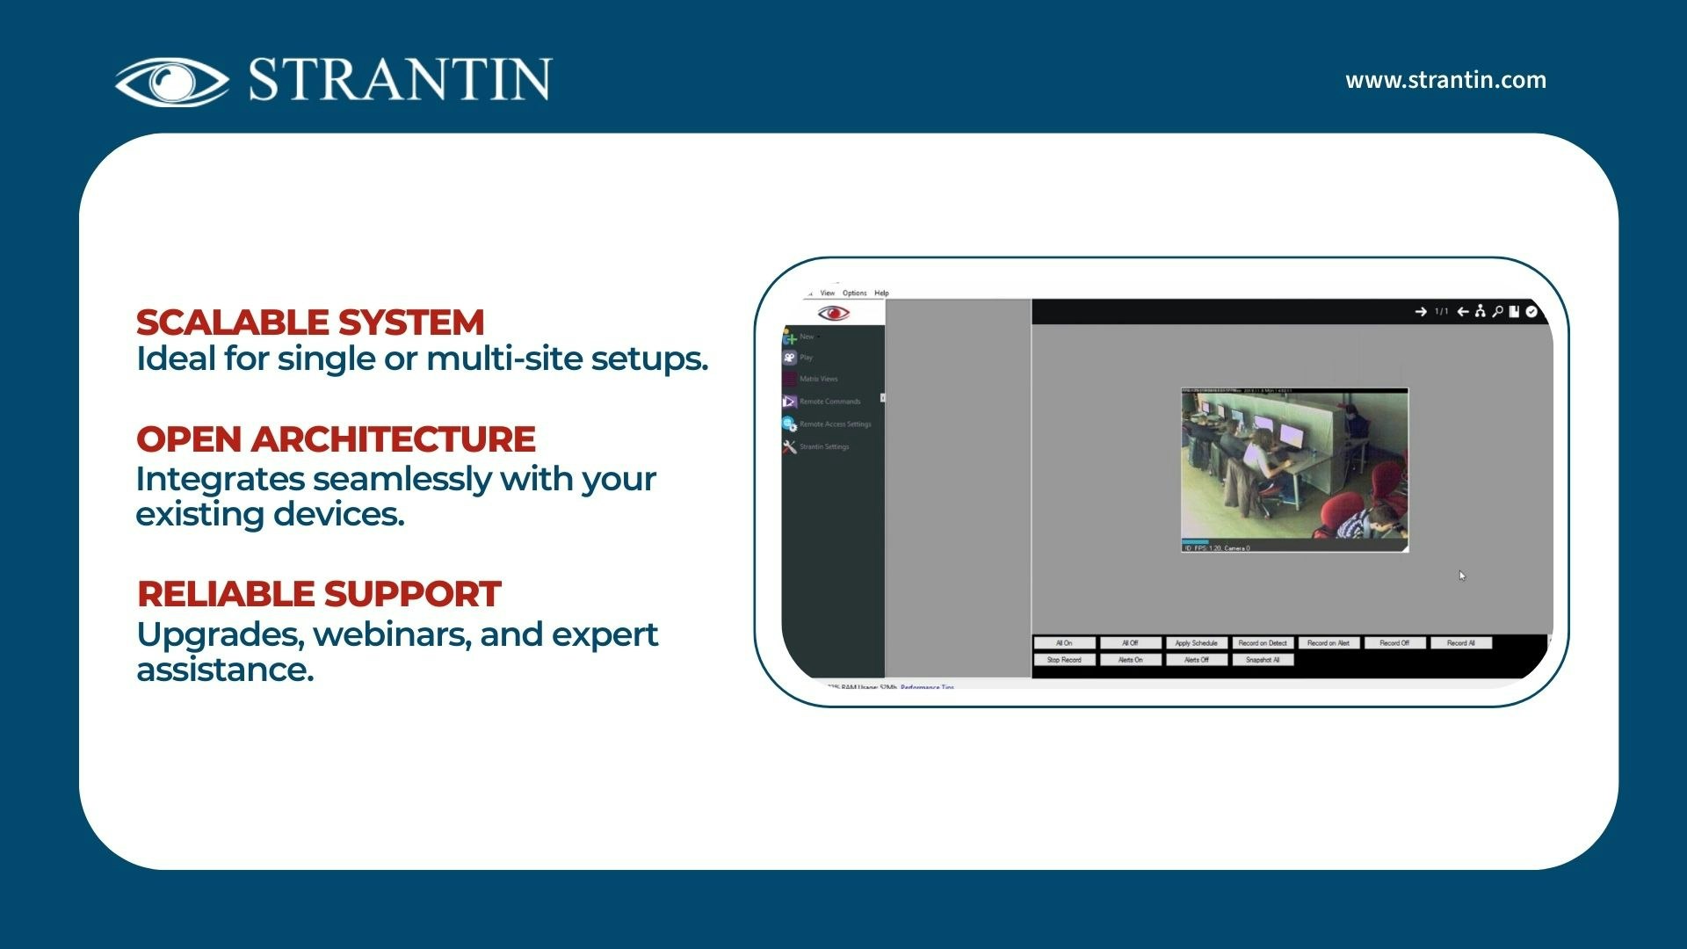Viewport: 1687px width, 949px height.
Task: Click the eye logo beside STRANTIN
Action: coord(172,82)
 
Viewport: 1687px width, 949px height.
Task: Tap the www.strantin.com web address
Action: coord(1445,80)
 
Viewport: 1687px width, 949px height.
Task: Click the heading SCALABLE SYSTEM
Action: coord(310,322)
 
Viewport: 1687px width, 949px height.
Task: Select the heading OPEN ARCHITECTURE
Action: coord(336,439)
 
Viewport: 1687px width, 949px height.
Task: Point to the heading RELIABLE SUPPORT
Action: coord(319,594)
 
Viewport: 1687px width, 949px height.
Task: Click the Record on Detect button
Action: coord(1262,643)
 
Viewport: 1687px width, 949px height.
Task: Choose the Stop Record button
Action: coord(1064,660)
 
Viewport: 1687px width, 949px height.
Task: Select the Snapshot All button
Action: coord(1262,660)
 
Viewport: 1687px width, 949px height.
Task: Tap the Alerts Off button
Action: coord(1196,660)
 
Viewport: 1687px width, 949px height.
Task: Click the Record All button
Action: coord(1460,643)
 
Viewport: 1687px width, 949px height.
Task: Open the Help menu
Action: coord(881,293)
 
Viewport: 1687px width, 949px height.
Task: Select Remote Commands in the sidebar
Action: coord(829,402)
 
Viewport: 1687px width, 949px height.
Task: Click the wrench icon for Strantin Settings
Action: coord(790,446)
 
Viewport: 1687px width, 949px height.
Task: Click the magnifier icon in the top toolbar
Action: coord(1497,311)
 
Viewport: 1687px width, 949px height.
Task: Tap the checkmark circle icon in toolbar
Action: coord(1531,311)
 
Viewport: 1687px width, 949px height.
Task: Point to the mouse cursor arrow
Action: coord(1461,576)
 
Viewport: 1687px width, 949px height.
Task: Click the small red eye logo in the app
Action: coord(833,314)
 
